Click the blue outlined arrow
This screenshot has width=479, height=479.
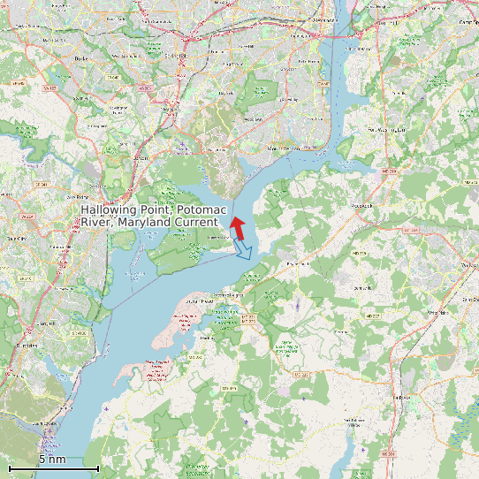(x=243, y=251)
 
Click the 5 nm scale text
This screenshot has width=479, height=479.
(x=52, y=459)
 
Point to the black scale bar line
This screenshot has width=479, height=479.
(x=53, y=468)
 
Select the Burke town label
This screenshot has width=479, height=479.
(x=84, y=58)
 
